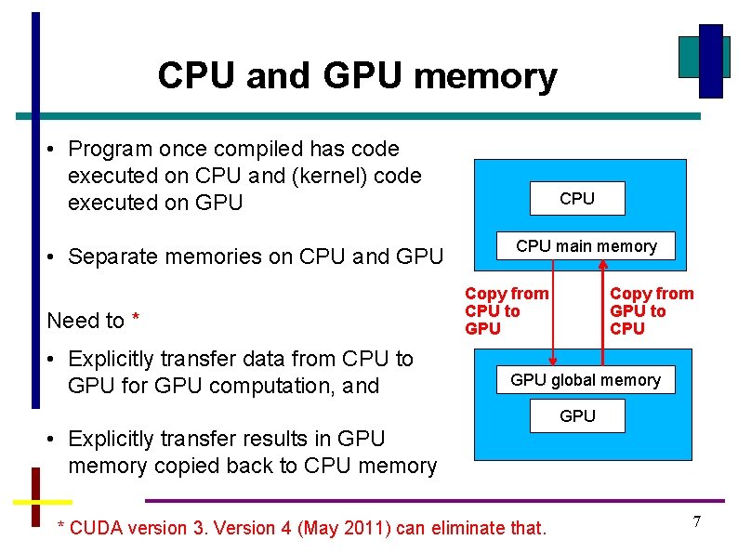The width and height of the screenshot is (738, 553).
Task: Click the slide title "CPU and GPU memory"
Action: [357, 75]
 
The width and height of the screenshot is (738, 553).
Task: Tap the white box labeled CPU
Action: [577, 199]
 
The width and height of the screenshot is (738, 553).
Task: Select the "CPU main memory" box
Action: [586, 246]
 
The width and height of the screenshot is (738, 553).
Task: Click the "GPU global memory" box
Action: [585, 380]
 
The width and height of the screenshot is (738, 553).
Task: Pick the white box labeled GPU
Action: [577, 416]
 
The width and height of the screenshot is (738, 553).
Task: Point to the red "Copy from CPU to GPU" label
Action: [506, 311]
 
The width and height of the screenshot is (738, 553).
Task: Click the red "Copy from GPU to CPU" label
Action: [651, 311]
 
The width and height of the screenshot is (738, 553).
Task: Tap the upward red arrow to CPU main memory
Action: [605, 307]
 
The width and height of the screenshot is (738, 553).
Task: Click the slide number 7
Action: [696, 522]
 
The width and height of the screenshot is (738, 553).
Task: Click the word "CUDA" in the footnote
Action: [97, 529]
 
